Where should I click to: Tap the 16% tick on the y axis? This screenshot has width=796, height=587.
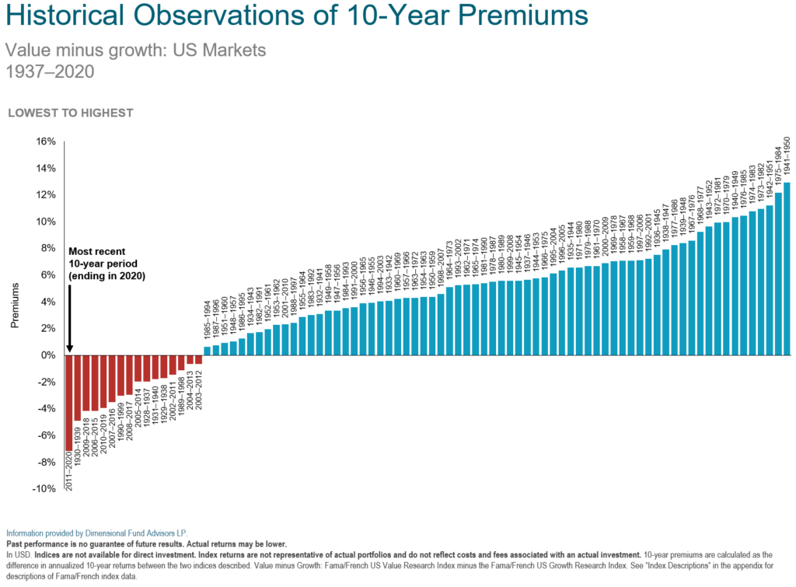tap(45, 142)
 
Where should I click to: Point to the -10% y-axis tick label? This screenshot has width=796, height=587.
tap(43, 488)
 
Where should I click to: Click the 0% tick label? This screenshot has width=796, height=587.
tap(47, 355)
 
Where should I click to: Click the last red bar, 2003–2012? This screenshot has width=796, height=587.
tap(198, 360)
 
